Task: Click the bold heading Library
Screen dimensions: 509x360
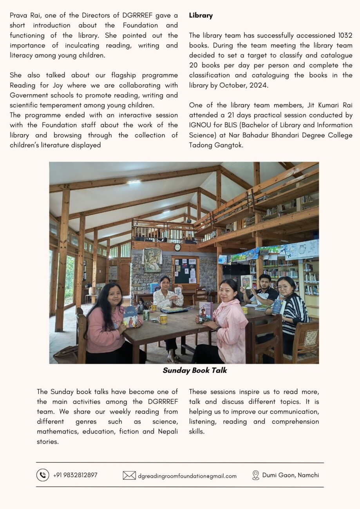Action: [x=201, y=16]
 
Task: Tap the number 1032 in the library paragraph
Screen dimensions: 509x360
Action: [x=344, y=35]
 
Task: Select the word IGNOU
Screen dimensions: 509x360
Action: [x=200, y=125]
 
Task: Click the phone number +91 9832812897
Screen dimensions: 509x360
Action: [x=75, y=475]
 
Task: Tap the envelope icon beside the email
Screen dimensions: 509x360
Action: [x=129, y=475]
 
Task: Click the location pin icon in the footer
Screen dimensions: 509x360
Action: [x=256, y=475]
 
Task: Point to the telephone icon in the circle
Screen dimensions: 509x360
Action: [x=43, y=475]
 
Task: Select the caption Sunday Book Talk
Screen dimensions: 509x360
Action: [x=195, y=370]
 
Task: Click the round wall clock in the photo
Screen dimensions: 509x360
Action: [x=177, y=247]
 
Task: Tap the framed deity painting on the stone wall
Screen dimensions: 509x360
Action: [x=152, y=260]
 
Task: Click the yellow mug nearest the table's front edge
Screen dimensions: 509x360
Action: [x=163, y=319]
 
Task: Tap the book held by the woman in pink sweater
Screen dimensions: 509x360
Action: [x=130, y=316]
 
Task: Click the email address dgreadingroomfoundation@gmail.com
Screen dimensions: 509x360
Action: [x=187, y=476]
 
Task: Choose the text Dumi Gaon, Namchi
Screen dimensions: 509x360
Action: [x=290, y=475]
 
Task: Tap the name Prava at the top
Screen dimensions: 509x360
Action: [x=18, y=16]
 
